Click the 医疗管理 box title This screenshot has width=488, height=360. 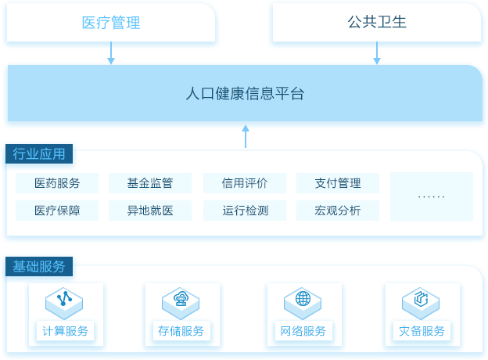[x=111, y=23]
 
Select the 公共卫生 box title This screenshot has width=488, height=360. [x=377, y=22]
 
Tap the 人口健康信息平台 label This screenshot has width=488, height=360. [x=245, y=93]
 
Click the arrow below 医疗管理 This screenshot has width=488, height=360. [x=111, y=53]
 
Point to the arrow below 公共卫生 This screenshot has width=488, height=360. [x=377, y=53]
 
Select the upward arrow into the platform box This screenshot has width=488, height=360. [x=246, y=136]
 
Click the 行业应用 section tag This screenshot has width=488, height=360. [x=39, y=154]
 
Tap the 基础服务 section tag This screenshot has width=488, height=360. [x=39, y=267]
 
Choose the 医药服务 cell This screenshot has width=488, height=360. [x=57, y=183]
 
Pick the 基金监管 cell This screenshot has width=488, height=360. [x=150, y=183]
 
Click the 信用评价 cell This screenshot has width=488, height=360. [x=245, y=183]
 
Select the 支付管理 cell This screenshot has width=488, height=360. [x=338, y=183]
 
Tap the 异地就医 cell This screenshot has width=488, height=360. [x=150, y=211]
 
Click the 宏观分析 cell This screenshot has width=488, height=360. [x=338, y=211]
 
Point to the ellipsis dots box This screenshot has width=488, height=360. [x=432, y=196]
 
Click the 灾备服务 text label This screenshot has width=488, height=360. [x=422, y=331]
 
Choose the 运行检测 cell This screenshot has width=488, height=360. [x=245, y=211]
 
